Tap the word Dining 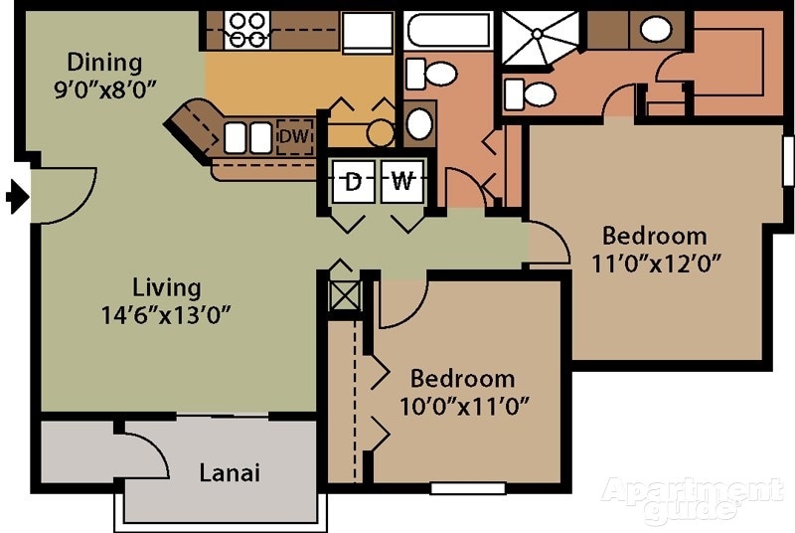click(97, 63)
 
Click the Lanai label click(229, 473)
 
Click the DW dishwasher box click(292, 136)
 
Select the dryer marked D click(352, 182)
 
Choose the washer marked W click(401, 182)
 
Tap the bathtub click(448, 29)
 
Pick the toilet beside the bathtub click(432, 73)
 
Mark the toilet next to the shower click(530, 94)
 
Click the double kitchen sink click(247, 137)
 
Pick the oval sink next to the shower click(655, 29)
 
